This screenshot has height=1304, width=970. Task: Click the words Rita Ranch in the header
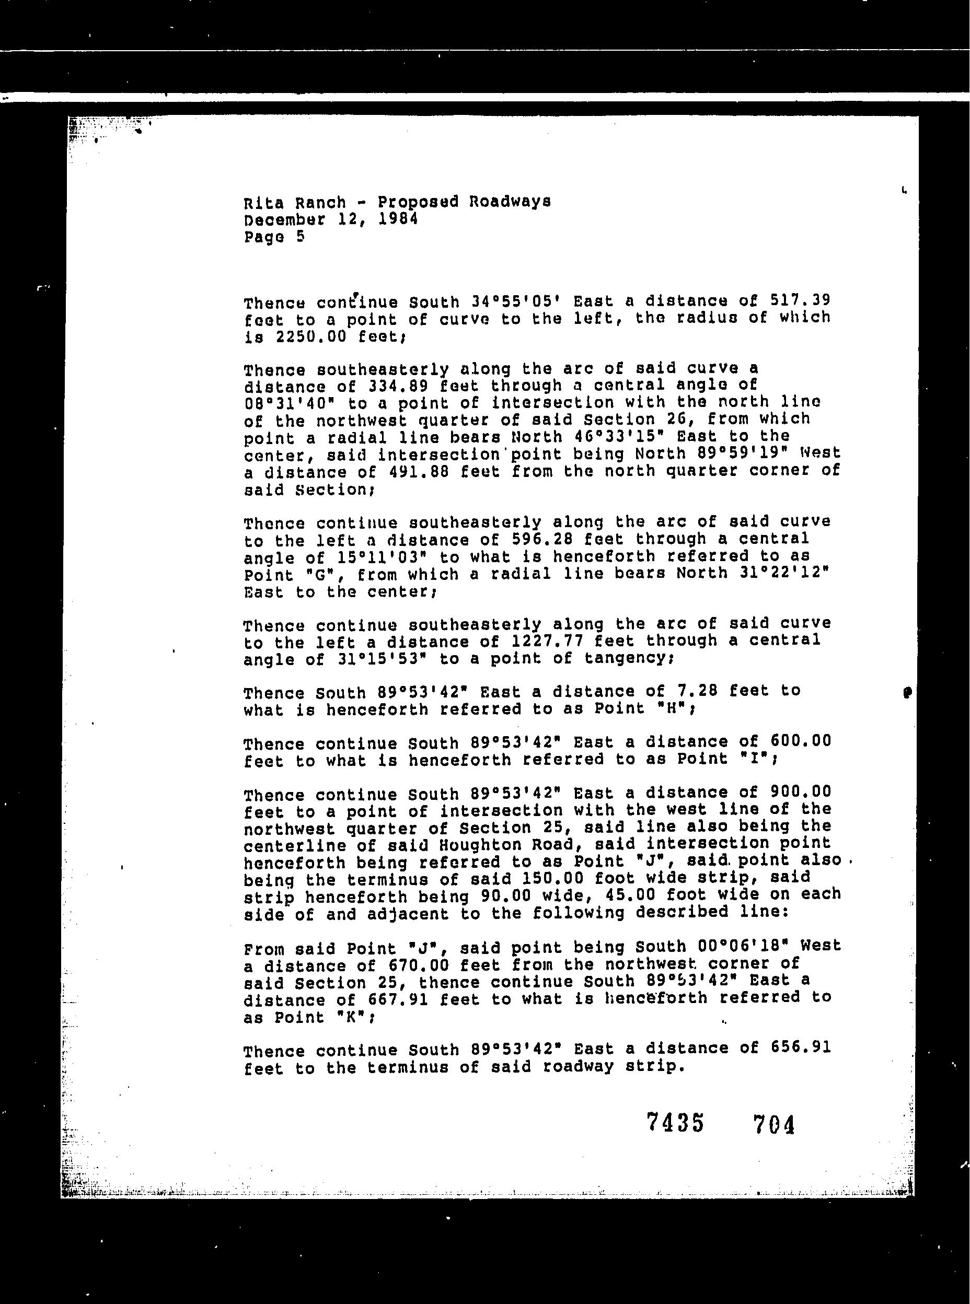pyautogui.click(x=295, y=203)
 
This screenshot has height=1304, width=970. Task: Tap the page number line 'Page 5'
pyautogui.click(x=274, y=237)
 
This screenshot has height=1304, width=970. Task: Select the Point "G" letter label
pyautogui.click(x=319, y=575)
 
